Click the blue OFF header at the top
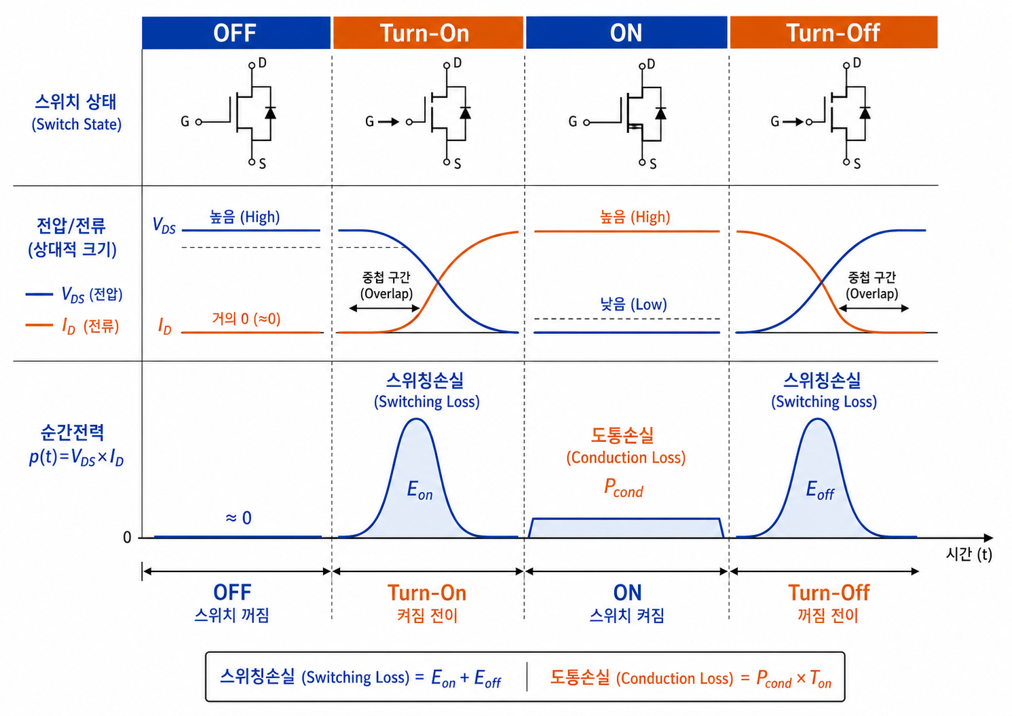(236, 33)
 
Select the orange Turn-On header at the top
(428, 33)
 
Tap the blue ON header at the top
(626, 33)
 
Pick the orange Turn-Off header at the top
(833, 33)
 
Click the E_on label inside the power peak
(419, 490)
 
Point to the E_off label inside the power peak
(820, 490)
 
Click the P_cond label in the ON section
(624, 488)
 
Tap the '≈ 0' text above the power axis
(238, 518)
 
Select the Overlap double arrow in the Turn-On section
(385, 309)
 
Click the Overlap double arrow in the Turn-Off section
(874, 309)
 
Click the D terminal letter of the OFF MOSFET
(263, 63)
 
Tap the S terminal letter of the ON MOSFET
(653, 164)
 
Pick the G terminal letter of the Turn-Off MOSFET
(775, 121)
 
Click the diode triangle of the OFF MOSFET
(270, 113)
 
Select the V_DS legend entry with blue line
(74, 295)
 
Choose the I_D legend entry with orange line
(72, 326)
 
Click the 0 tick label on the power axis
(128, 537)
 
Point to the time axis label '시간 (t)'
(969, 554)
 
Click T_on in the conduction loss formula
(821, 679)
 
